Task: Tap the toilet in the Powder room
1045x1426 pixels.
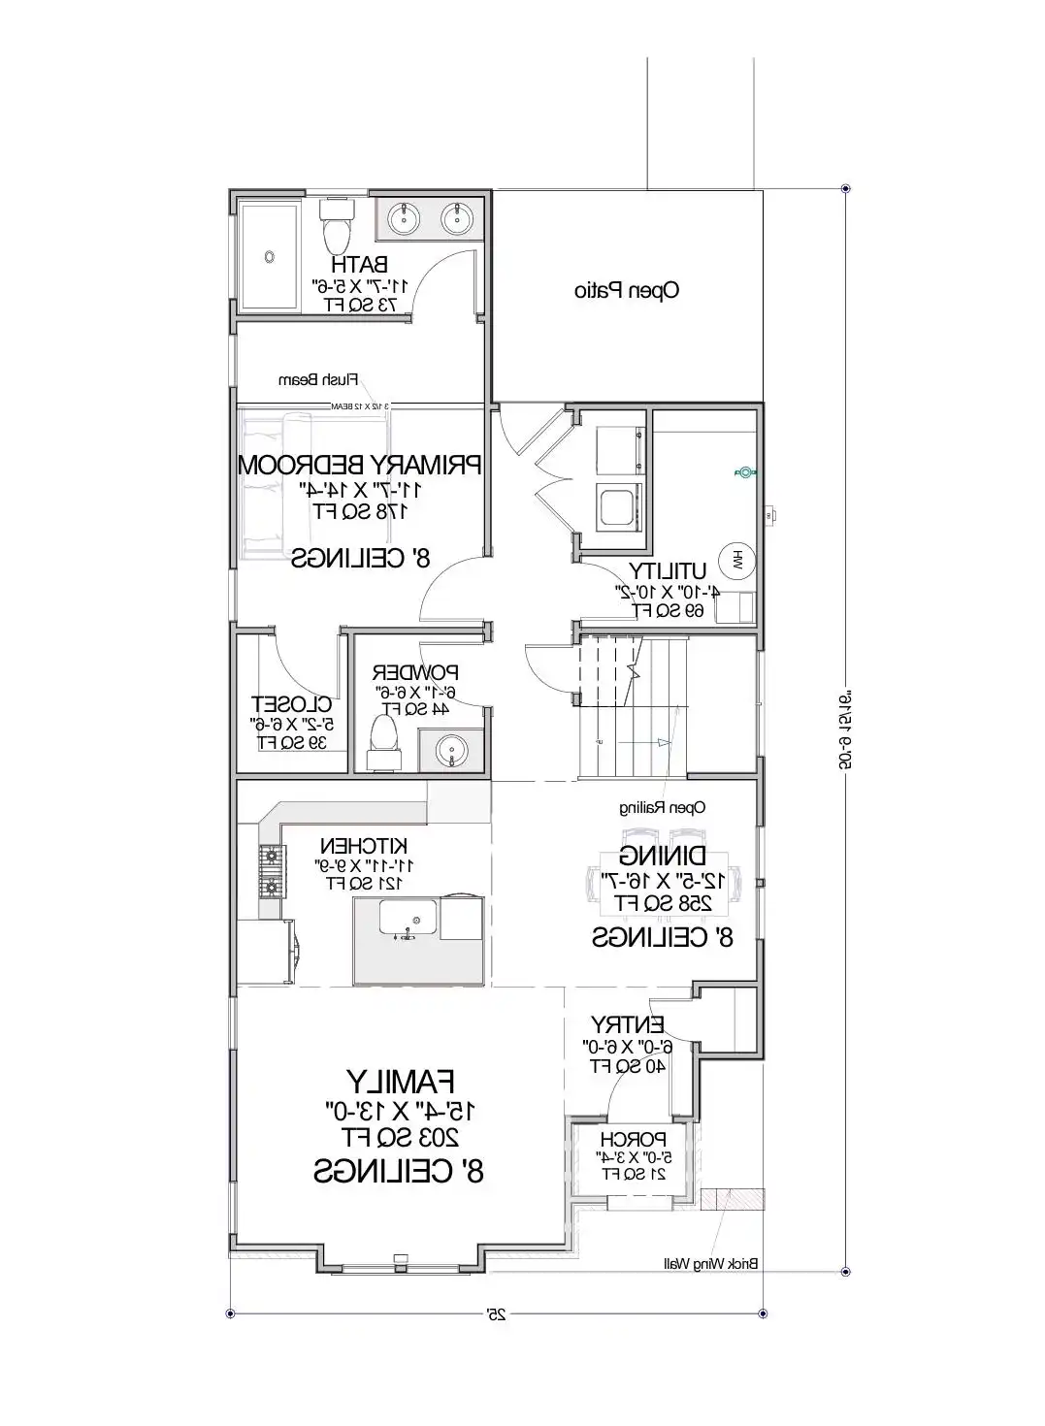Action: coord(383,739)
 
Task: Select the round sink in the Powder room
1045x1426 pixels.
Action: coord(450,750)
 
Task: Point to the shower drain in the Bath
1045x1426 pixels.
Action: coord(269,256)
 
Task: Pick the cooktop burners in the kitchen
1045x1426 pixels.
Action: coord(270,871)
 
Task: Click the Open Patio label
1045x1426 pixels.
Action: coord(626,290)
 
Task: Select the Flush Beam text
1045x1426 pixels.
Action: coord(320,379)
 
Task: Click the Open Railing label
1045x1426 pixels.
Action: coord(663,807)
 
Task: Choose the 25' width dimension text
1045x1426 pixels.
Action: coord(497,1314)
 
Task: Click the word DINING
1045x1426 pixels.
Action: coord(663,856)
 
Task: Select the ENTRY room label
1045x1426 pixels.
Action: coord(628,1024)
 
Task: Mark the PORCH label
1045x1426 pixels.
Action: coord(633,1139)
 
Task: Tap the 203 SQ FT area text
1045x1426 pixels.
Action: coord(399,1136)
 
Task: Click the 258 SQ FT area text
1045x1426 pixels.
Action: coord(664,903)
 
